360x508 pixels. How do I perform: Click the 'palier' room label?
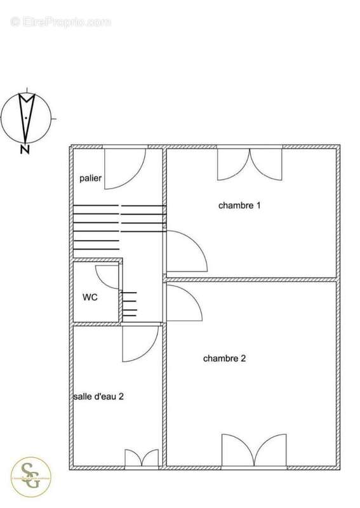pyautogui.click(x=91, y=178)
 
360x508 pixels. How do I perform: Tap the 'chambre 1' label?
pyautogui.click(x=239, y=205)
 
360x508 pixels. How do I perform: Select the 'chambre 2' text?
pyautogui.click(x=224, y=358)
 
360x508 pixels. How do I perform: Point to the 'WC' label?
pyautogui.click(x=90, y=297)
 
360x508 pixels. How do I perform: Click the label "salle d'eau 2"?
pyautogui.click(x=98, y=396)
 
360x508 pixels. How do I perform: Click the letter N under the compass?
pyautogui.click(x=25, y=150)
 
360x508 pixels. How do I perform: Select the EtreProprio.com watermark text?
pyautogui.click(x=60, y=22)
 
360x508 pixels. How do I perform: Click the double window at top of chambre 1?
pyautogui.click(x=250, y=163)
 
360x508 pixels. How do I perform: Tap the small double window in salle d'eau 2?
pyautogui.click(x=141, y=458)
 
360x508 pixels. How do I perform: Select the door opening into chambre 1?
pyautogui.click(x=185, y=251)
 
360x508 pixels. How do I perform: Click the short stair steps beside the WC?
pyautogui.click(x=129, y=304)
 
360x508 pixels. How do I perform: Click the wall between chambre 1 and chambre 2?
pyautogui.click(x=251, y=278)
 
